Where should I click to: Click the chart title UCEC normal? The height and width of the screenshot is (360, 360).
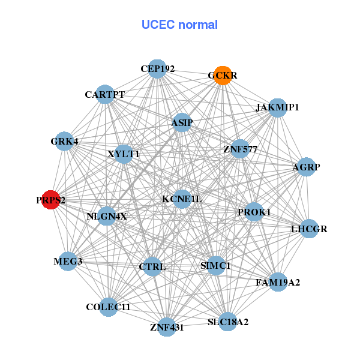point(179,25)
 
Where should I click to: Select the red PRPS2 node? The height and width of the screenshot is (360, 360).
point(51,200)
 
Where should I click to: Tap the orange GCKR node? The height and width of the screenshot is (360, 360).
point(223,76)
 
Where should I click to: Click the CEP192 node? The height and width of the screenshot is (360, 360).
point(157,69)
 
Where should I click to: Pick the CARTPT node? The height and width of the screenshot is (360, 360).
point(105,94)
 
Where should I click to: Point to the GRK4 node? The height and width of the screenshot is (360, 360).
point(64,142)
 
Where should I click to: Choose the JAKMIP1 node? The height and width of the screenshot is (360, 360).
point(277,108)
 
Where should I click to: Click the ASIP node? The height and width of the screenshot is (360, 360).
point(182,123)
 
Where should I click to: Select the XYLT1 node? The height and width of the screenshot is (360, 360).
point(124,154)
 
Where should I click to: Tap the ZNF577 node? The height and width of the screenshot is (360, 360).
point(239,149)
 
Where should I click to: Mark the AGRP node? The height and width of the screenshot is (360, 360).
point(303,167)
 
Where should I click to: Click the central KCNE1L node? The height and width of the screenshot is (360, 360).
point(182,199)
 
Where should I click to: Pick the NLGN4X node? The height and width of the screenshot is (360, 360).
point(107,216)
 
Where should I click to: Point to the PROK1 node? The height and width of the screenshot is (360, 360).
point(254,212)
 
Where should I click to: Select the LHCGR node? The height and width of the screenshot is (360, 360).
point(309,229)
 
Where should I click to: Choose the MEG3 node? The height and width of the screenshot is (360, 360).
point(68,261)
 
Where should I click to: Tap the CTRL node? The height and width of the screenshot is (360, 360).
point(152,266)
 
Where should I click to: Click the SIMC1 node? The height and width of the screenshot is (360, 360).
point(215,265)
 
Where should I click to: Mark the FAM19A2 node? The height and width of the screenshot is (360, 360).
point(277,281)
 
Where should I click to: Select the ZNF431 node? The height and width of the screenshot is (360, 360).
point(167,327)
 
